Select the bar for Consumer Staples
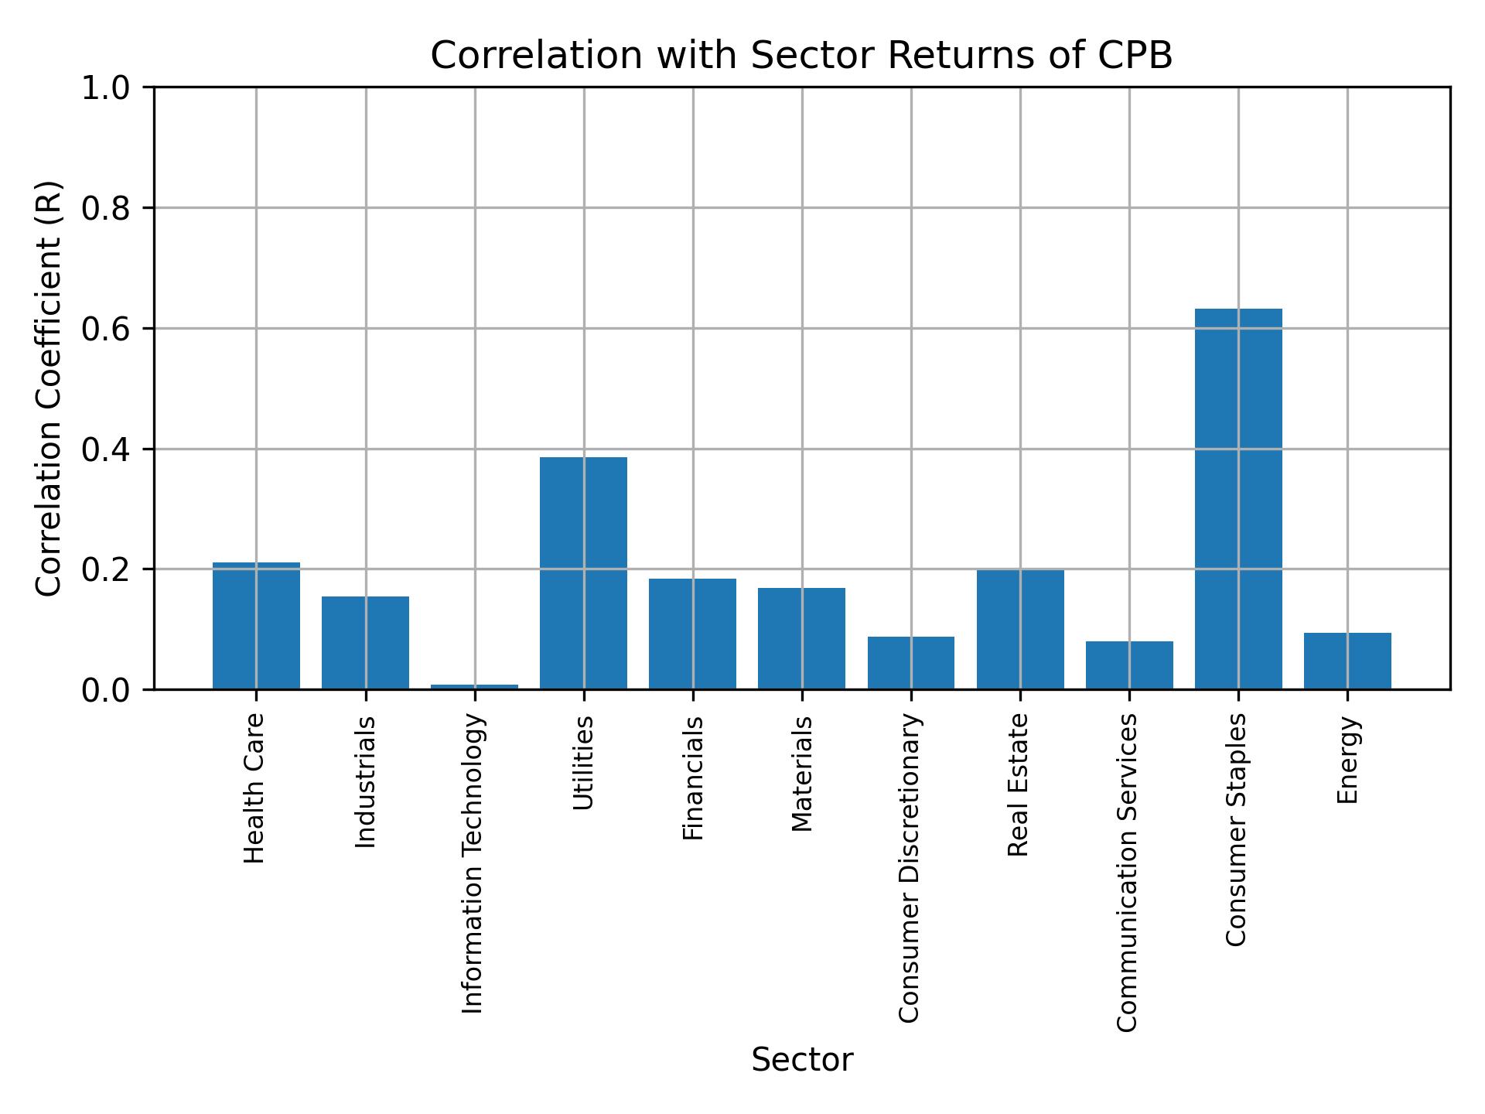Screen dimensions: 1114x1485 coord(1237,499)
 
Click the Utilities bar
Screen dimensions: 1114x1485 coord(583,572)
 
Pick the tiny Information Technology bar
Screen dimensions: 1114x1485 coord(474,686)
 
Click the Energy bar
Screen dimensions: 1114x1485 coord(1347,661)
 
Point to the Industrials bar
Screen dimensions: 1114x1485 coord(365,642)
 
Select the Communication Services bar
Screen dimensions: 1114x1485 coord(1128,665)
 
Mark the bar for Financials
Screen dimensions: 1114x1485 coord(692,634)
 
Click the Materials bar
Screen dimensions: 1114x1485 coord(801,638)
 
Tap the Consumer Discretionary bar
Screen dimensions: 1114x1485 coord(910,662)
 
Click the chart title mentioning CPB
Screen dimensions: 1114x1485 coord(801,56)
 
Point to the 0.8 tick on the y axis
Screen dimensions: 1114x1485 coord(105,208)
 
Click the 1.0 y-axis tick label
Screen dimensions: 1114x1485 coord(105,88)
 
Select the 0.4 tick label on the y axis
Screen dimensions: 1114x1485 coord(105,449)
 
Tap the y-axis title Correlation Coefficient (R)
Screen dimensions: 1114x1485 coord(49,388)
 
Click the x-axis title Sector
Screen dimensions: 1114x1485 coord(801,1060)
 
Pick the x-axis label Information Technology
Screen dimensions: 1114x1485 coord(473,863)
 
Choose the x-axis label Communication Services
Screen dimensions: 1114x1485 coord(1127,872)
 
